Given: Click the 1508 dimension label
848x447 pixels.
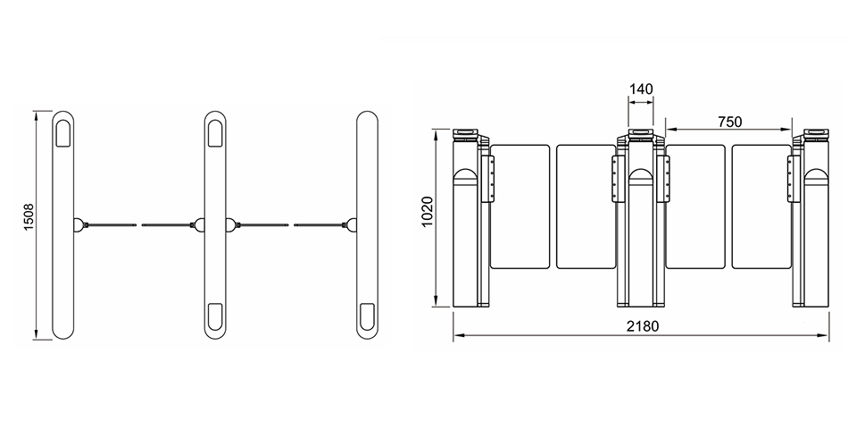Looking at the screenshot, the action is click(29, 216).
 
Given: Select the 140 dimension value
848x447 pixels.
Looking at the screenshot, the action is click(642, 89).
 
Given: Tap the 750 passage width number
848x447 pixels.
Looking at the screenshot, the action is click(729, 122).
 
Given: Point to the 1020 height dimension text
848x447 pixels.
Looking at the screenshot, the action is click(428, 212).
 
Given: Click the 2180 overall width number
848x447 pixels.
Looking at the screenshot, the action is click(643, 326).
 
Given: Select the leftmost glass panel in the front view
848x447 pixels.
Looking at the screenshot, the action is click(520, 207).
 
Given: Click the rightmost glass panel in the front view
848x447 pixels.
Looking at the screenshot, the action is click(761, 207).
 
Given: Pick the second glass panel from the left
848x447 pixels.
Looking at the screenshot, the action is click(586, 207).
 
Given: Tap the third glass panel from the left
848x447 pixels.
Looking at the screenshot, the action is click(695, 207).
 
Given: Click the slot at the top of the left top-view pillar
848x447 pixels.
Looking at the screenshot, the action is click(63, 132).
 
